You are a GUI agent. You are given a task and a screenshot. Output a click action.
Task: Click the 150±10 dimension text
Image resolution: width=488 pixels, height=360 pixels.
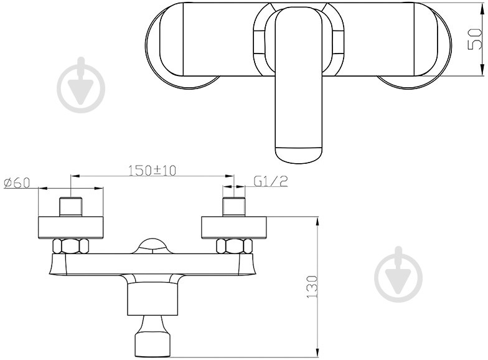pyautogui.click(x=153, y=170)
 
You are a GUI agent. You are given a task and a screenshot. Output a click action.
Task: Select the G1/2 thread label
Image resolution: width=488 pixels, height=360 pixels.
pyautogui.click(x=270, y=181)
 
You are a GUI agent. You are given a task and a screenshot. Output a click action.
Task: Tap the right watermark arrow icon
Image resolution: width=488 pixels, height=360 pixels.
pyautogui.click(x=398, y=275)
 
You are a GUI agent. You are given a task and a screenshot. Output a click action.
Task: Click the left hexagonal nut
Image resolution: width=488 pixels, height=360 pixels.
pyautogui.click(x=70, y=245)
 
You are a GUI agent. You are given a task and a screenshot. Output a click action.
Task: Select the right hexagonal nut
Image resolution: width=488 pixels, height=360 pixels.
pyautogui.click(x=233, y=245)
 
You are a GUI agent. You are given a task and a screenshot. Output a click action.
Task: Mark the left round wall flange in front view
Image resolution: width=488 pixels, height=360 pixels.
pyautogui.click(x=70, y=227)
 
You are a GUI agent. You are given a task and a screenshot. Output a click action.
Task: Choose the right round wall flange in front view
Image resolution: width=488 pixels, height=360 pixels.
pyautogui.click(x=234, y=227)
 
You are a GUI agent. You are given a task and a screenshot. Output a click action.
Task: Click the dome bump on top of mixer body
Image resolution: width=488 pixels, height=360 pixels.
pyautogui.click(x=152, y=245)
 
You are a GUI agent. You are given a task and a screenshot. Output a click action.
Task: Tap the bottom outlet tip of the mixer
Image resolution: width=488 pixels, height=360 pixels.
pyautogui.click(x=152, y=343)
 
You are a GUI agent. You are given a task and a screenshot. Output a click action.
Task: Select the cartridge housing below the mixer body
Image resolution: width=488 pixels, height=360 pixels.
pyautogui.click(x=152, y=298)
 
